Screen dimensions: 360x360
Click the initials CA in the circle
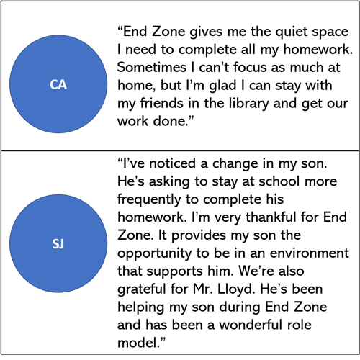pos(58,85)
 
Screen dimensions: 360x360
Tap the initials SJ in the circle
pos(58,244)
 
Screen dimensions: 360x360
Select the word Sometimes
pos(152,67)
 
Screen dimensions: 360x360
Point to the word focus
pos(250,67)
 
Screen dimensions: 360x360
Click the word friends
pos(162,103)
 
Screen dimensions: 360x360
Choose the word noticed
pos(172,163)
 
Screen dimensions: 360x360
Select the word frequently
pos(149,199)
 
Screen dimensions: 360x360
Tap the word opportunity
pos(155,253)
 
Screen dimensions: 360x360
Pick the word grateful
pos(143,289)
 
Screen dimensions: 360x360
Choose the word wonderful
pos(251,325)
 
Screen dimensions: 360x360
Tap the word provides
pos(199,235)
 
